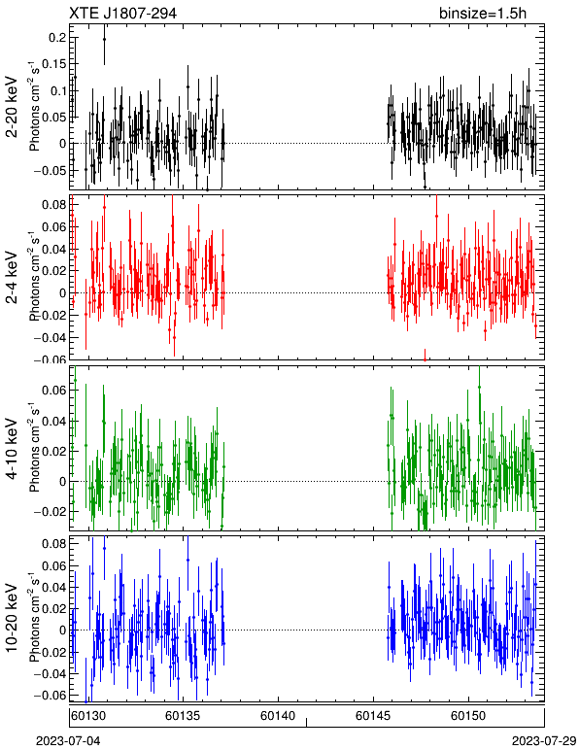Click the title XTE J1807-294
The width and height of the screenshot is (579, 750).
click(123, 14)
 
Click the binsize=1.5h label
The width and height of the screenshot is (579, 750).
click(483, 14)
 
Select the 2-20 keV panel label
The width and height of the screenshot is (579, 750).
click(13, 107)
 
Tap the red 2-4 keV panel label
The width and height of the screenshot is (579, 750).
click(13, 278)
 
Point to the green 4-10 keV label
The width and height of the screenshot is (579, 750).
click(13, 449)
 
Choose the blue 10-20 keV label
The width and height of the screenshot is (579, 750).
click(13, 618)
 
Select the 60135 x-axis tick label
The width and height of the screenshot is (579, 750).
click(182, 716)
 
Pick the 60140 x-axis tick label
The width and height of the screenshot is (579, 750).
click(277, 716)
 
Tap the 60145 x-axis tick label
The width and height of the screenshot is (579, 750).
click(372, 716)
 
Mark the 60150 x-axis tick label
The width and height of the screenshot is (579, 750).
click(468, 716)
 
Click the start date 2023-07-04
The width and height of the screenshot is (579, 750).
click(69, 741)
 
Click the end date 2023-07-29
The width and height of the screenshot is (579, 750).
click(544, 741)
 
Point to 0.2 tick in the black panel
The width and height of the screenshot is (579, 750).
click(58, 38)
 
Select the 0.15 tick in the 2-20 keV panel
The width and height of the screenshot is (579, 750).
click(54, 64)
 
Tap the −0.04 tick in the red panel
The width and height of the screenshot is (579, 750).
click(51, 338)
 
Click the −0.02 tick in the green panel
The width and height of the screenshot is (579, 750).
click(51, 511)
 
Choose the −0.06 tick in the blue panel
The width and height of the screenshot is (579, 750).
click(51, 695)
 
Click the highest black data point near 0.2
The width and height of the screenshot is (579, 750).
click(104, 39)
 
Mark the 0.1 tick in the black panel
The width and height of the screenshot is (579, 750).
click(58, 91)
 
